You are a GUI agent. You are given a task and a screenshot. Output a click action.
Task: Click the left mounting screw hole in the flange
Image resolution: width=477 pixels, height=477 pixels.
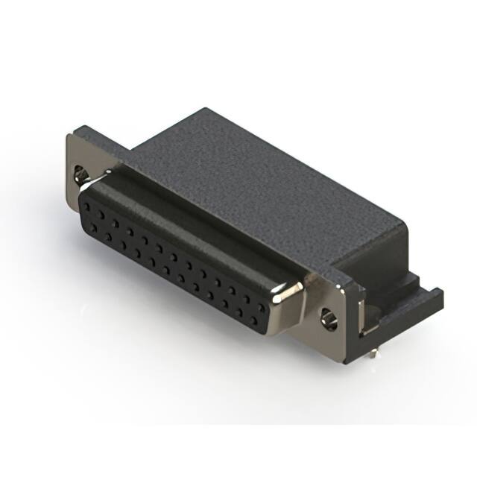point(81,176)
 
